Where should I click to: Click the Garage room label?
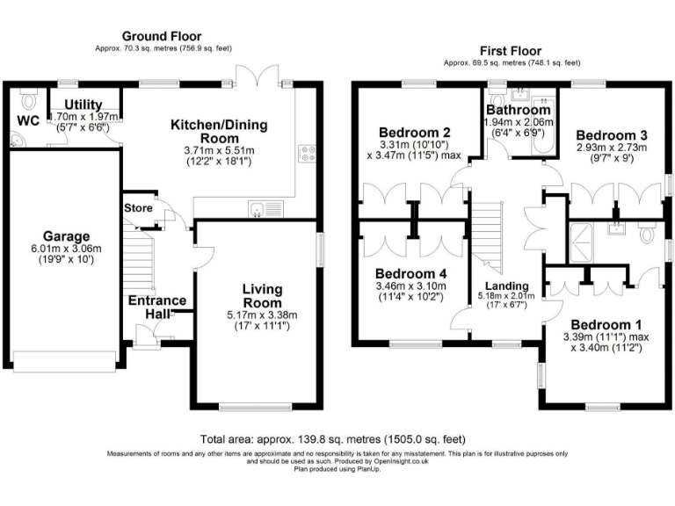click(67, 236)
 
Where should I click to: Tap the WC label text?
click(27, 120)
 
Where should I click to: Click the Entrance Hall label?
click(158, 308)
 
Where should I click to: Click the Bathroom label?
click(519, 111)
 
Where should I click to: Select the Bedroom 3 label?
click(612, 134)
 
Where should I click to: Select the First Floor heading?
click(511, 51)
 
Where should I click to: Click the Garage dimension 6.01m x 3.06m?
click(67, 249)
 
